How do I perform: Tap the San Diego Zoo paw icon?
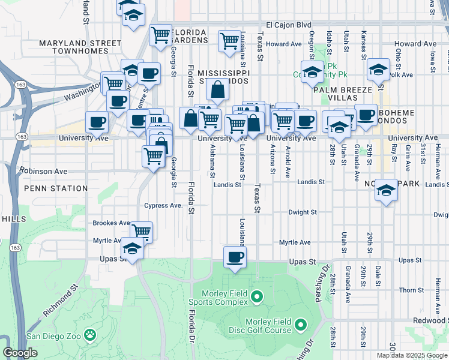[90, 334]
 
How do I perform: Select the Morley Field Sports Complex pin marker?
[257, 296]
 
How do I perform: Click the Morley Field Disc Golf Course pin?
[300, 325]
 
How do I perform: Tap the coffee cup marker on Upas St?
[235, 257]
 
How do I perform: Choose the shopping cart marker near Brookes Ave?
[141, 231]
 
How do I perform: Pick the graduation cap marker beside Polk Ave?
[378, 70]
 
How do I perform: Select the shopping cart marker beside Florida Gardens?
[160, 35]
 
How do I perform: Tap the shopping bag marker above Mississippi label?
[217, 91]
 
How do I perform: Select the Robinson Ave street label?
[43, 171]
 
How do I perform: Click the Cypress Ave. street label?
[163, 205]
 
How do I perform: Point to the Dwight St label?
[302, 212]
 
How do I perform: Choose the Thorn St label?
[412, 290]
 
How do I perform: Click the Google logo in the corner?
[20, 353]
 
